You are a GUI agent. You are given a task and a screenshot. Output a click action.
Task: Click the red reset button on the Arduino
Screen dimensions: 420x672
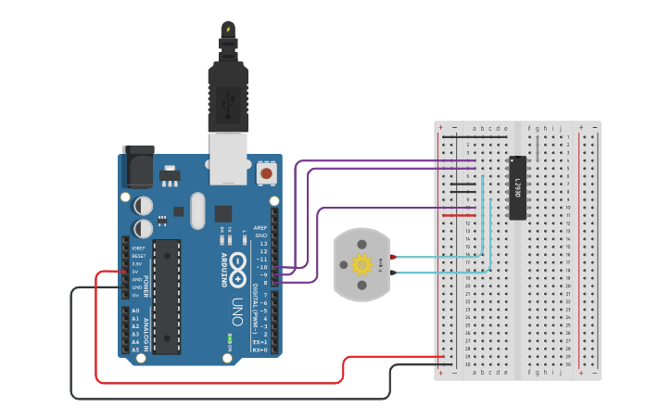click(x=267, y=172)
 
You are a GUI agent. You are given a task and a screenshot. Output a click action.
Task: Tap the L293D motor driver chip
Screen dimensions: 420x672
click(x=518, y=188)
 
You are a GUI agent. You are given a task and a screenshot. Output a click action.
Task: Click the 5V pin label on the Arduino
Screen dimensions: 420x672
click(x=135, y=272)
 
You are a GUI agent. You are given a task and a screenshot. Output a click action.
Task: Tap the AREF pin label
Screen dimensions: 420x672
click(x=262, y=227)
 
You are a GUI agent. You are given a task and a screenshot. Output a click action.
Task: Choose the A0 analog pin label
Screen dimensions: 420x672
click(x=135, y=311)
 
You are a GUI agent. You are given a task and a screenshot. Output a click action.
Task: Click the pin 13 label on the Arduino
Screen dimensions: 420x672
click(x=262, y=243)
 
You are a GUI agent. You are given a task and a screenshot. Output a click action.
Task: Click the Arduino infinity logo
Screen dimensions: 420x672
click(x=237, y=265)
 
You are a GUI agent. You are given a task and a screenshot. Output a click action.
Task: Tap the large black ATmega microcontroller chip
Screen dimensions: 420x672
click(x=167, y=297)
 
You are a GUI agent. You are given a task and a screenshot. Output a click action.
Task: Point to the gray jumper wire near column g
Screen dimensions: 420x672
click(x=538, y=147)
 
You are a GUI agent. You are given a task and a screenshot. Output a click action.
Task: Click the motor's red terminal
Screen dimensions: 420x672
click(x=393, y=256)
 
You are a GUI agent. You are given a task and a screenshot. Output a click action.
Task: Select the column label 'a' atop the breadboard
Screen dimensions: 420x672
click(x=475, y=128)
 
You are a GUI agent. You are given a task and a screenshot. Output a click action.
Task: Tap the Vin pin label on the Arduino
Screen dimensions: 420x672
click(x=135, y=295)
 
